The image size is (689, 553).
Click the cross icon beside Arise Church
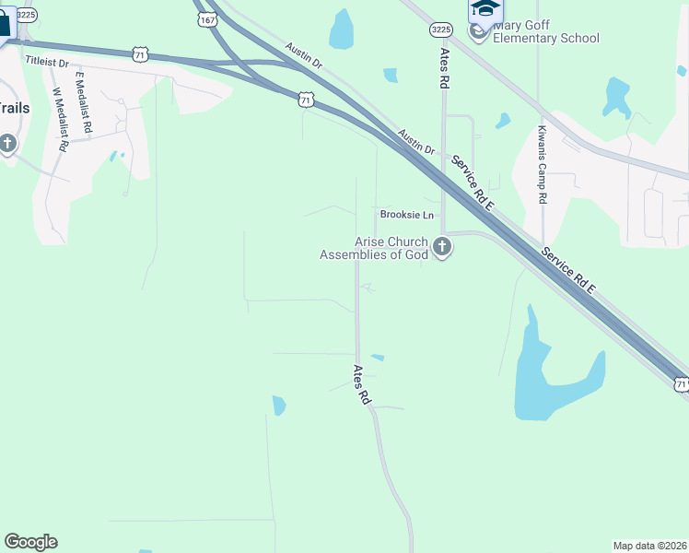442,247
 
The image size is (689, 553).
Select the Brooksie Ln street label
406,215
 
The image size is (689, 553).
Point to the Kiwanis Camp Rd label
543,165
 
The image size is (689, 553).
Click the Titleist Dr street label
47,61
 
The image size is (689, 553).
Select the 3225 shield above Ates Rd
440,30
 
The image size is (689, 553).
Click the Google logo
30,542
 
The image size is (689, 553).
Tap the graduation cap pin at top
485,9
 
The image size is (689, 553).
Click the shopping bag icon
4,23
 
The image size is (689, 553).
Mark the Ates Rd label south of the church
360,384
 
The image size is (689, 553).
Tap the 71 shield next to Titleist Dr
140,55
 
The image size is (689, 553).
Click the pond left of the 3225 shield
341,29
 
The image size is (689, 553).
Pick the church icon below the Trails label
8,145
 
